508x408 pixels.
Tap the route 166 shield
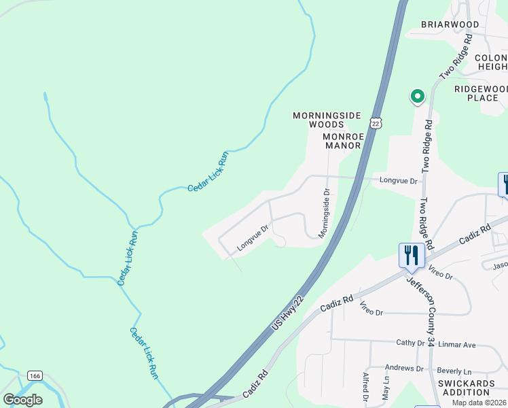click(35, 375)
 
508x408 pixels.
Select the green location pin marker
click(416, 97)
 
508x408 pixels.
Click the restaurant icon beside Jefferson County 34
click(411, 256)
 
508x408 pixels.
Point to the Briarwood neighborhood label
click(450, 24)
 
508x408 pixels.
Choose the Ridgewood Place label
click(481, 93)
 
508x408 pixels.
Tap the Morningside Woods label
click(327, 120)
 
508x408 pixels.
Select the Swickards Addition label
click(473, 388)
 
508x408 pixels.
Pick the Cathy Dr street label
click(410, 343)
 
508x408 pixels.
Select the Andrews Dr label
click(404, 369)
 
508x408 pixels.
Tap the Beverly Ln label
click(454, 371)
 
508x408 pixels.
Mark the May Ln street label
click(386, 390)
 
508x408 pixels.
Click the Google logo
click(22, 399)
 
